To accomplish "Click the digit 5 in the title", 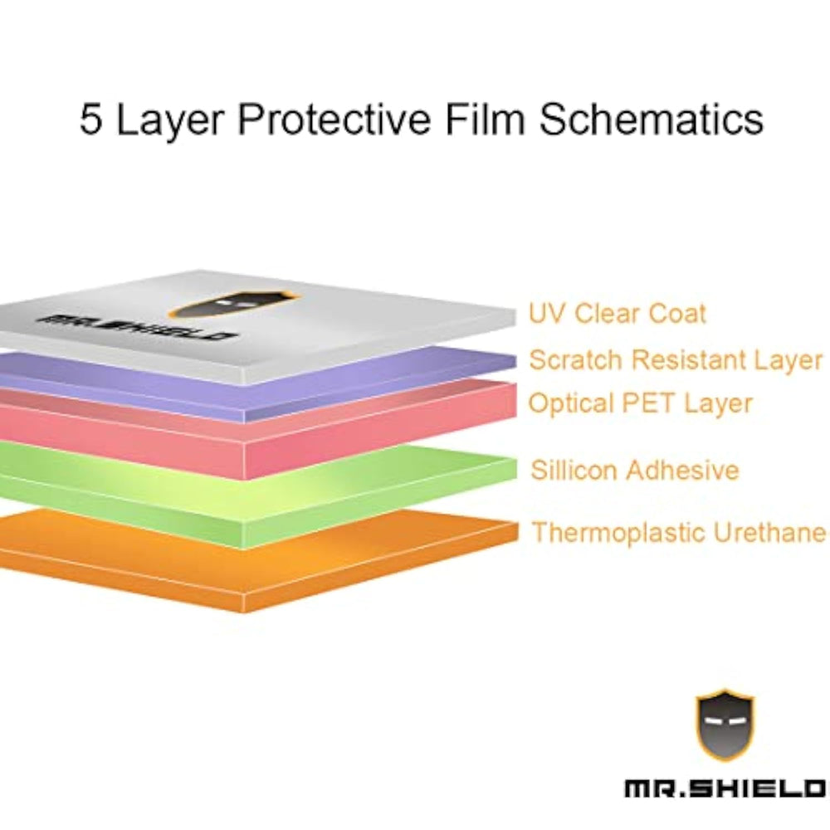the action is (90, 118).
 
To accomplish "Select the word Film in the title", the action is (485, 118).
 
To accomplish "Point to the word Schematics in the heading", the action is (652, 118).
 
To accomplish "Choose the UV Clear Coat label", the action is (618, 314).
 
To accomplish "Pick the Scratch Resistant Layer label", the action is (676, 360).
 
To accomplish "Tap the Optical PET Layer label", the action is (640, 403).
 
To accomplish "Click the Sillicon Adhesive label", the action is (635, 470).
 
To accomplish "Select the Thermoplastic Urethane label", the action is (679, 532).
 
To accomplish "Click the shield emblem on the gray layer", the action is (233, 305).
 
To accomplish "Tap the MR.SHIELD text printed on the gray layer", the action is (136, 327).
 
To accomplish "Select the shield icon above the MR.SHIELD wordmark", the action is (725, 725).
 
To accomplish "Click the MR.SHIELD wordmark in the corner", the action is (725, 788).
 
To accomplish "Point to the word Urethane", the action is (769, 532).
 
